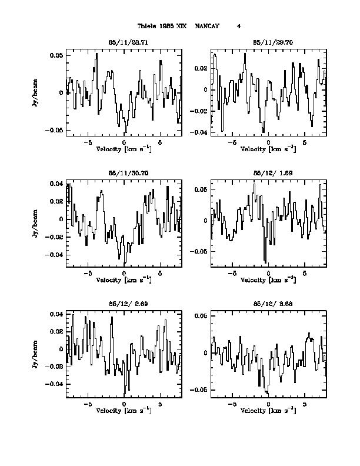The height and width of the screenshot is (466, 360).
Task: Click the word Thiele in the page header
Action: pos(147,26)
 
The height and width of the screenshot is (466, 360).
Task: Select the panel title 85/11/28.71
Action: pos(124,43)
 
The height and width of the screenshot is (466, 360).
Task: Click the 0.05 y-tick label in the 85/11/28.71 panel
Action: pos(56,55)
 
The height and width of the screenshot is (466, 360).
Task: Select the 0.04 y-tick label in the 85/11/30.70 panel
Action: pos(56,184)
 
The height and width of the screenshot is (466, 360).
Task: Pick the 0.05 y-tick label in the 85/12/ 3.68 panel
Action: pos(201,317)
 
